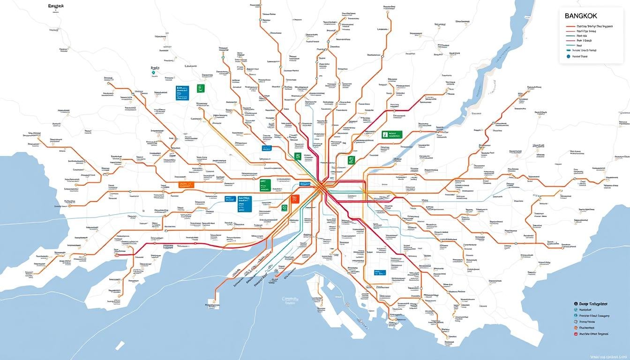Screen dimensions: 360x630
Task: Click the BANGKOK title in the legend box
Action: click(x=582, y=16)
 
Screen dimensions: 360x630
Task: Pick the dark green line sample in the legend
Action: click(x=570, y=35)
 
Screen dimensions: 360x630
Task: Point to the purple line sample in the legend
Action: click(x=570, y=40)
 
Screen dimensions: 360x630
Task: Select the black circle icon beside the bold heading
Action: click(x=575, y=304)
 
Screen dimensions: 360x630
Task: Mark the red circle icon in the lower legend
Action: click(x=575, y=334)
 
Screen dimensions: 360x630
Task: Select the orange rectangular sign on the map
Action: click(x=184, y=185)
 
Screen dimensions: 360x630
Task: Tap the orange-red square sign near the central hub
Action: click(x=294, y=199)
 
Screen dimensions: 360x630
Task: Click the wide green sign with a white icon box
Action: click(x=392, y=135)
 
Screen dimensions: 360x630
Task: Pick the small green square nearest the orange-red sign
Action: click(x=284, y=208)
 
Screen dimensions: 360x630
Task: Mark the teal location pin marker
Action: click(x=152, y=73)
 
